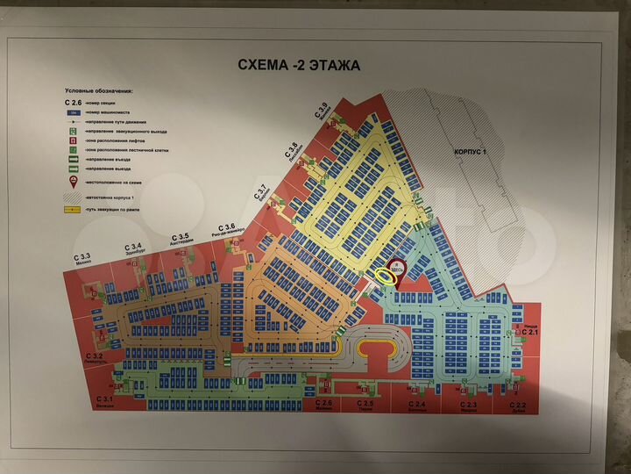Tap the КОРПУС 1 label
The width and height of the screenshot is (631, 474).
471,152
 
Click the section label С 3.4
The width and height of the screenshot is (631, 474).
133,246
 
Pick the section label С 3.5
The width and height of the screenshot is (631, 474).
181,237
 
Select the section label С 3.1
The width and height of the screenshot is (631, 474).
105,399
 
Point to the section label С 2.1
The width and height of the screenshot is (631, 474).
531,331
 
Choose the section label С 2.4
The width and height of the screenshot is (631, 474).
415,403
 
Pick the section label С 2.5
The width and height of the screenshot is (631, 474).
366,403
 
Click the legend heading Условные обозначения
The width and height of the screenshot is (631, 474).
98,90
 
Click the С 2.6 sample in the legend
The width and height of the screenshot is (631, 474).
74,102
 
